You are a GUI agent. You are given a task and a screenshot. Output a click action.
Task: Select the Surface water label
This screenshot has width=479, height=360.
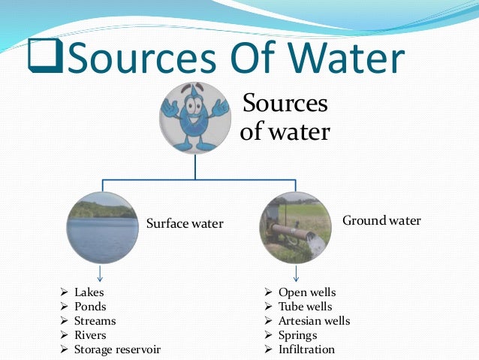[185, 223]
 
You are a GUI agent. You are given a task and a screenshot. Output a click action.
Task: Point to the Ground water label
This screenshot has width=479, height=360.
[381, 221]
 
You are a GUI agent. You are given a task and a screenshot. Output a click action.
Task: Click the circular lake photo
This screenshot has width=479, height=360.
[102, 225]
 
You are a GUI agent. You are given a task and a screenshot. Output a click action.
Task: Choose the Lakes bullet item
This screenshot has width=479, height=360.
[89, 292]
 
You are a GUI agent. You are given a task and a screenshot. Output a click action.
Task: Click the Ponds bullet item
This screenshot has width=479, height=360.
[90, 306]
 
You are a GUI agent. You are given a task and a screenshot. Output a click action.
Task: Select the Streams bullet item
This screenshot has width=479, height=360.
[95, 320]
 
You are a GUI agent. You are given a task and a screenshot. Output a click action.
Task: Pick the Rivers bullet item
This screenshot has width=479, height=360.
[90, 334]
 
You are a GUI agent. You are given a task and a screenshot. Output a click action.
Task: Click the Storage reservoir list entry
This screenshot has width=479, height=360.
[117, 349]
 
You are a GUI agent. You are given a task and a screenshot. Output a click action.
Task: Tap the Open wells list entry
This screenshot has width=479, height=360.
[306, 292]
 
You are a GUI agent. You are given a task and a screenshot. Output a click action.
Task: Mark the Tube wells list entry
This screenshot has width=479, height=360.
[305, 306]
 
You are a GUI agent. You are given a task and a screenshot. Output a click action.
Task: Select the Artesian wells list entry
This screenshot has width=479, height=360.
[314, 320]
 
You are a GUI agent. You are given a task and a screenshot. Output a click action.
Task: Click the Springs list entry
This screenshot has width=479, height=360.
[297, 334]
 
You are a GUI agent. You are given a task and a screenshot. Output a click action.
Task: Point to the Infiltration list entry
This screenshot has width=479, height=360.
[306, 349]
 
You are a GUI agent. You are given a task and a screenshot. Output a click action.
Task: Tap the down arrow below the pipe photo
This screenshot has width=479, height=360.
[297, 272]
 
